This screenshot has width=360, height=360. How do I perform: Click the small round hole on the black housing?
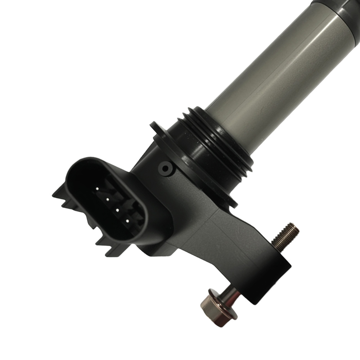point(165,167)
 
